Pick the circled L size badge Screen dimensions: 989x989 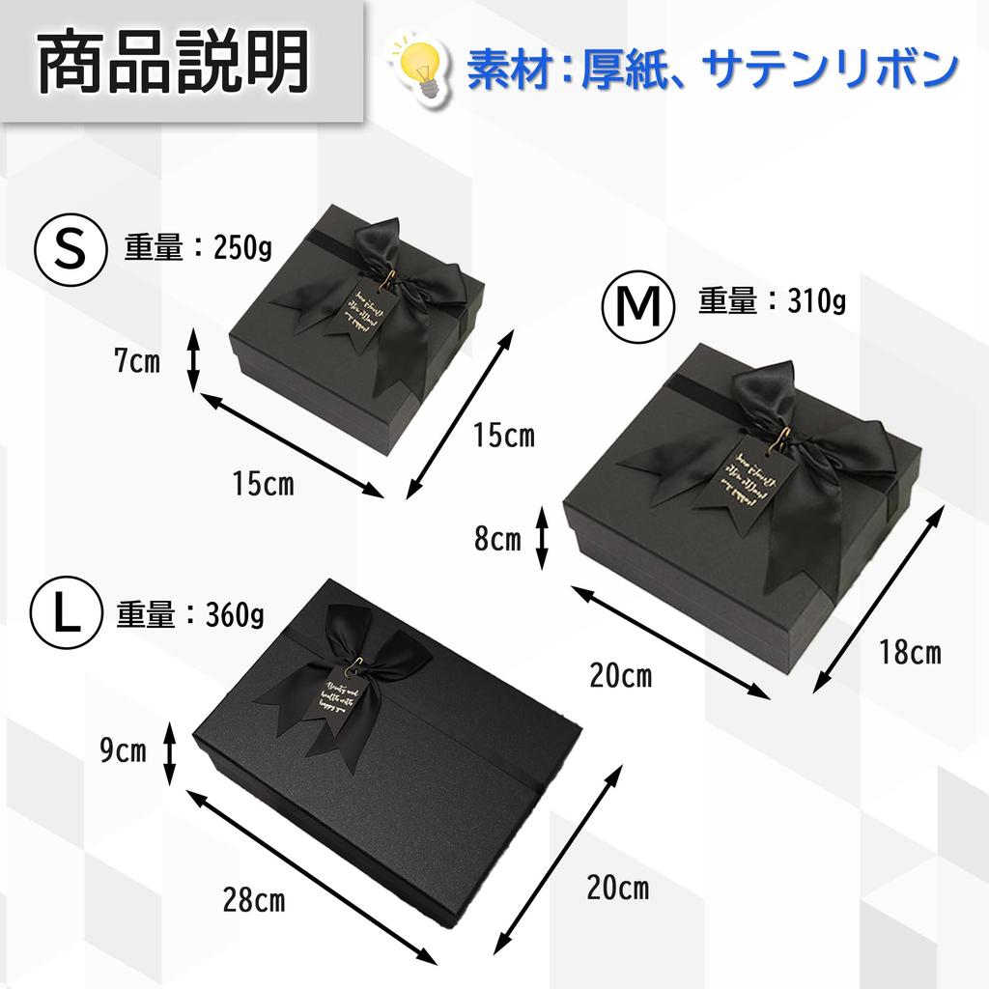64,615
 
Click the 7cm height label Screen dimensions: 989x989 136,362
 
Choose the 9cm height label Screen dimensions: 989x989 124,750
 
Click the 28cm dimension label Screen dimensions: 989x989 253,902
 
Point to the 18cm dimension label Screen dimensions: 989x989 909,652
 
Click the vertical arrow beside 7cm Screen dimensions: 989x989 192,360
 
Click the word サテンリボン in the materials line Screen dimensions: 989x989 831,69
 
